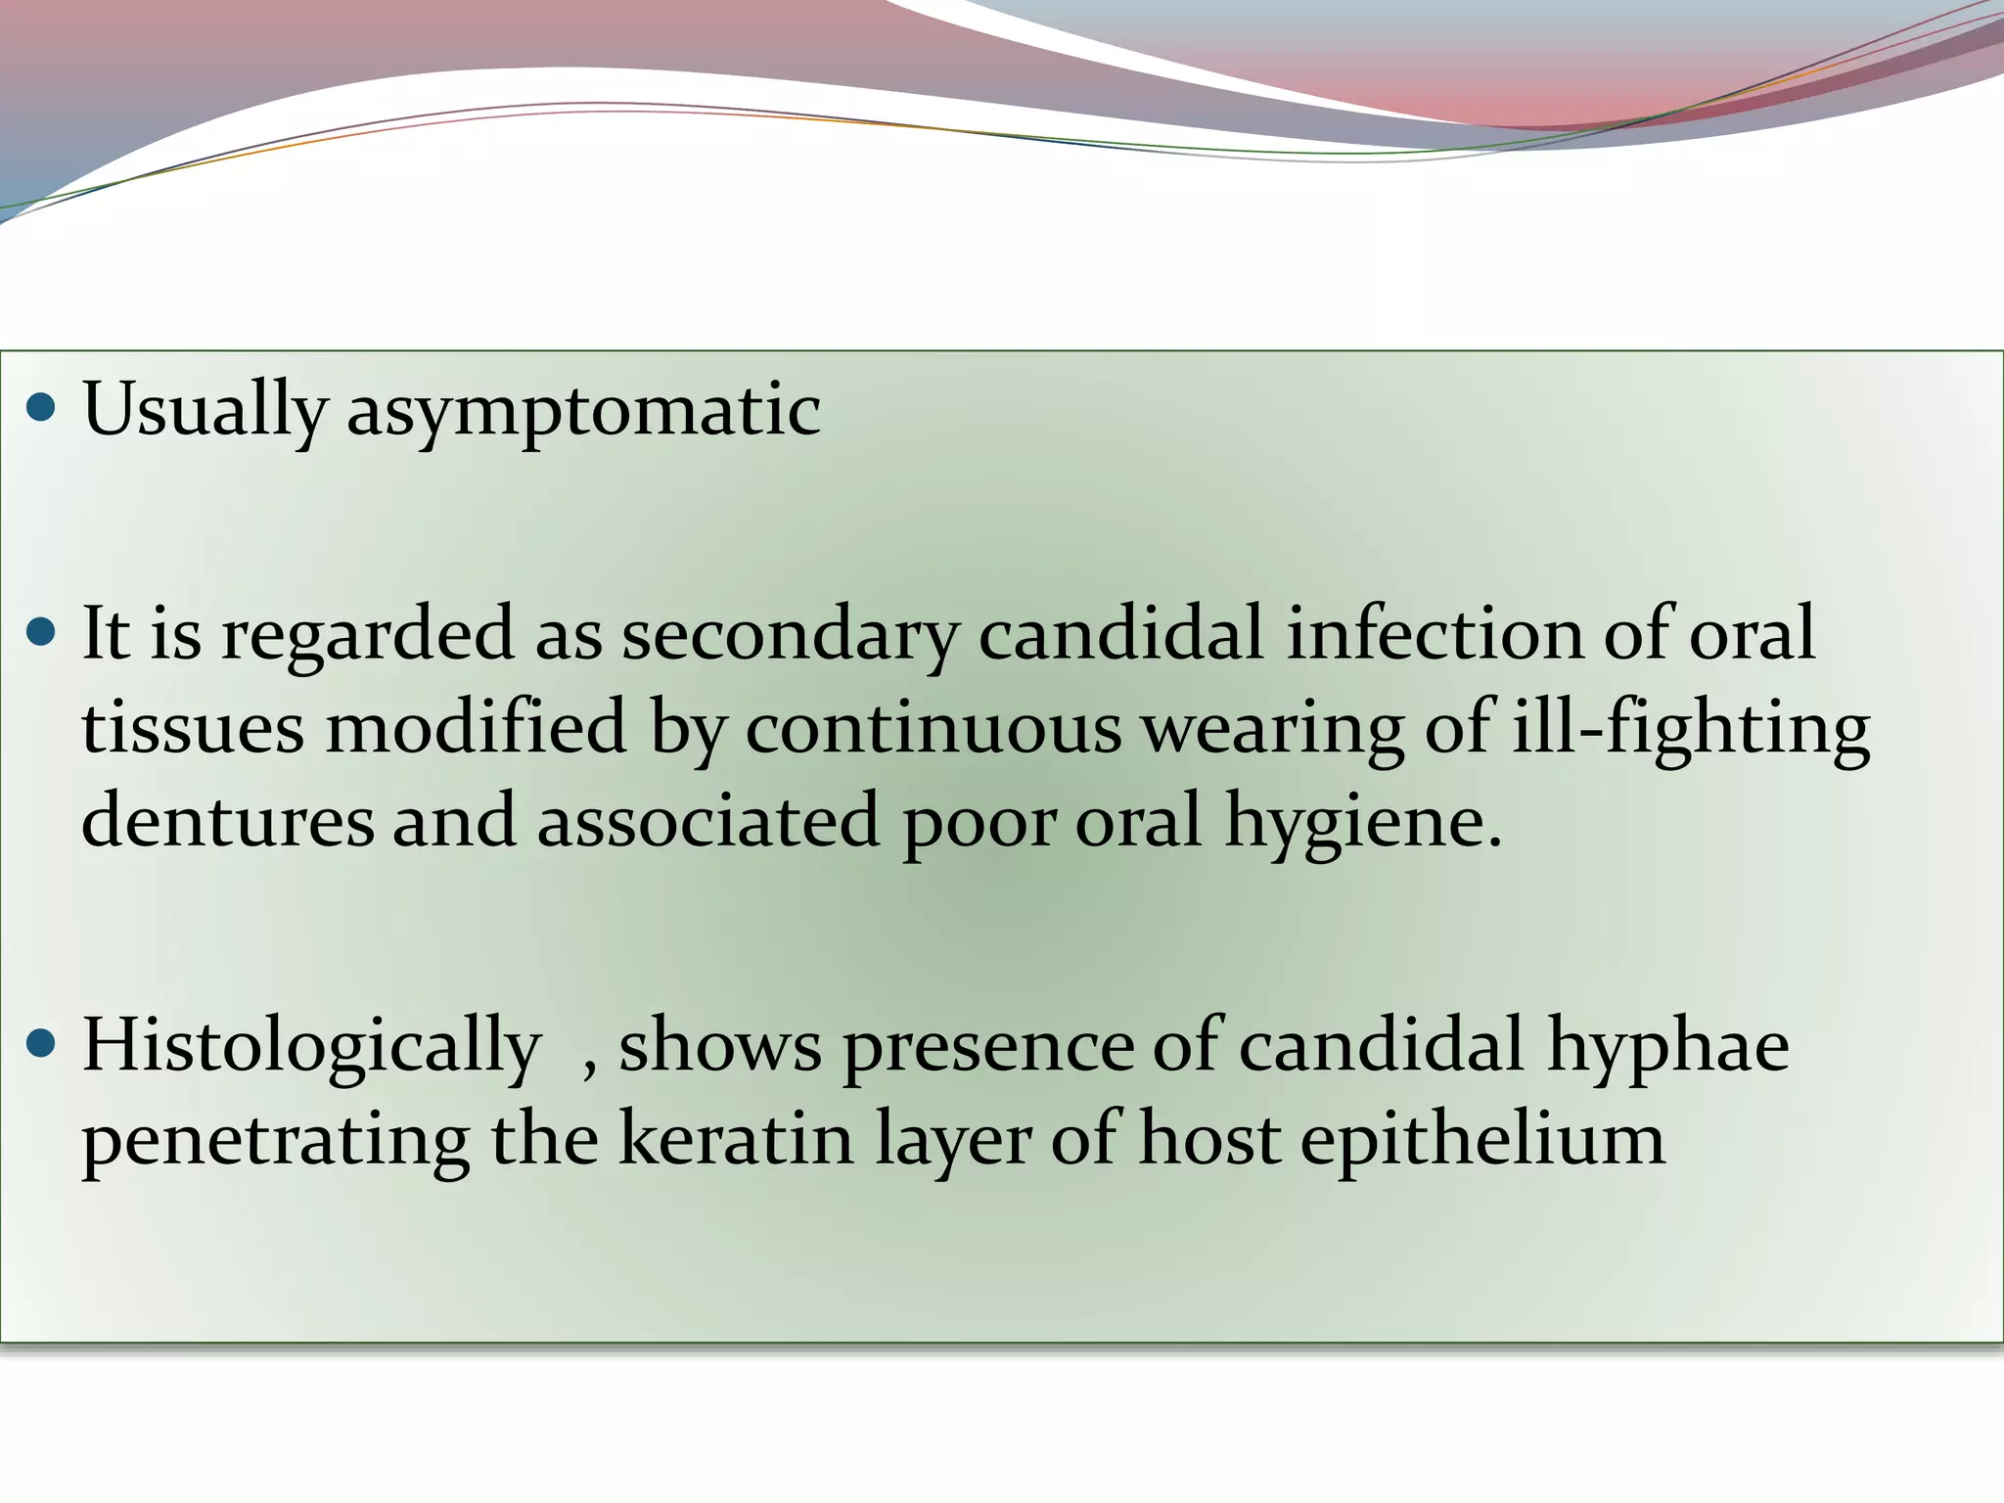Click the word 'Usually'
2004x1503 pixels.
(x=204, y=409)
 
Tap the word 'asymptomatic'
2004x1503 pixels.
(x=583, y=409)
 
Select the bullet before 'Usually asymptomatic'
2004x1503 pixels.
(x=42, y=406)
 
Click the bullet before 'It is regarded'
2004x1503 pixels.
(x=42, y=631)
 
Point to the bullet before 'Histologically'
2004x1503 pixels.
(x=42, y=1044)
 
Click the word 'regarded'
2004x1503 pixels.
(x=367, y=634)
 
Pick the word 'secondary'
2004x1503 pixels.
(x=789, y=634)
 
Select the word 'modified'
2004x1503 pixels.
(x=476, y=727)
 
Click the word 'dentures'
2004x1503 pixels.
(x=227, y=820)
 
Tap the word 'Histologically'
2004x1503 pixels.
(x=311, y=1046)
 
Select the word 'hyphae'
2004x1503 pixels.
(x=1667, y=1046)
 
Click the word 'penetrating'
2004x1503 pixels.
(x=275, y=1140)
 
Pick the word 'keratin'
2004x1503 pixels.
(x=736, y=1138)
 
